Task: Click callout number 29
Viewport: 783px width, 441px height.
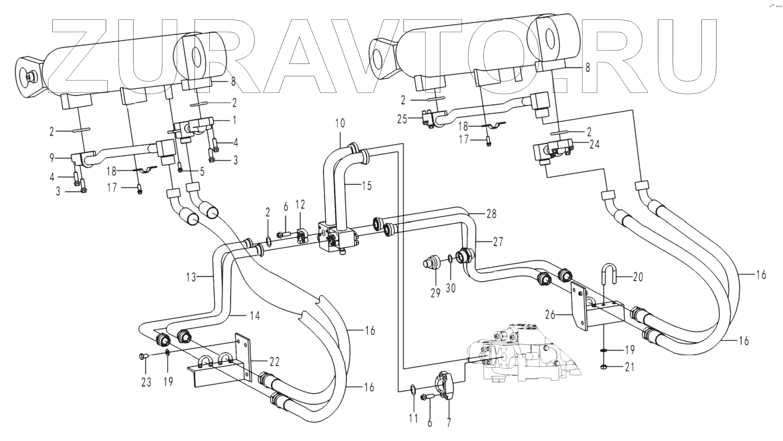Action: point(435,294)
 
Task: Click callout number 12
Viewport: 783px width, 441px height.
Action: point(300,205)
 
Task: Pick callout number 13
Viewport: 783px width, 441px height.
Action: point(191,277)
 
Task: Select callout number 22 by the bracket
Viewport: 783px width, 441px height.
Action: point(274,361)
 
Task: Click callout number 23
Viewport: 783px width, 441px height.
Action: point(146,382)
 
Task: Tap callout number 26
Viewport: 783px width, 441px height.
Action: point(550,314)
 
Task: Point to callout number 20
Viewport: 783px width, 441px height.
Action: point(638,277)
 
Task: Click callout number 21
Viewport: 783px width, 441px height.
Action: point(629,367)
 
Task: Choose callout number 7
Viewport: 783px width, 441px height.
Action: point(449,421)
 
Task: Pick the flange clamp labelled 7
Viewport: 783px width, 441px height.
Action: point(445,384)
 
